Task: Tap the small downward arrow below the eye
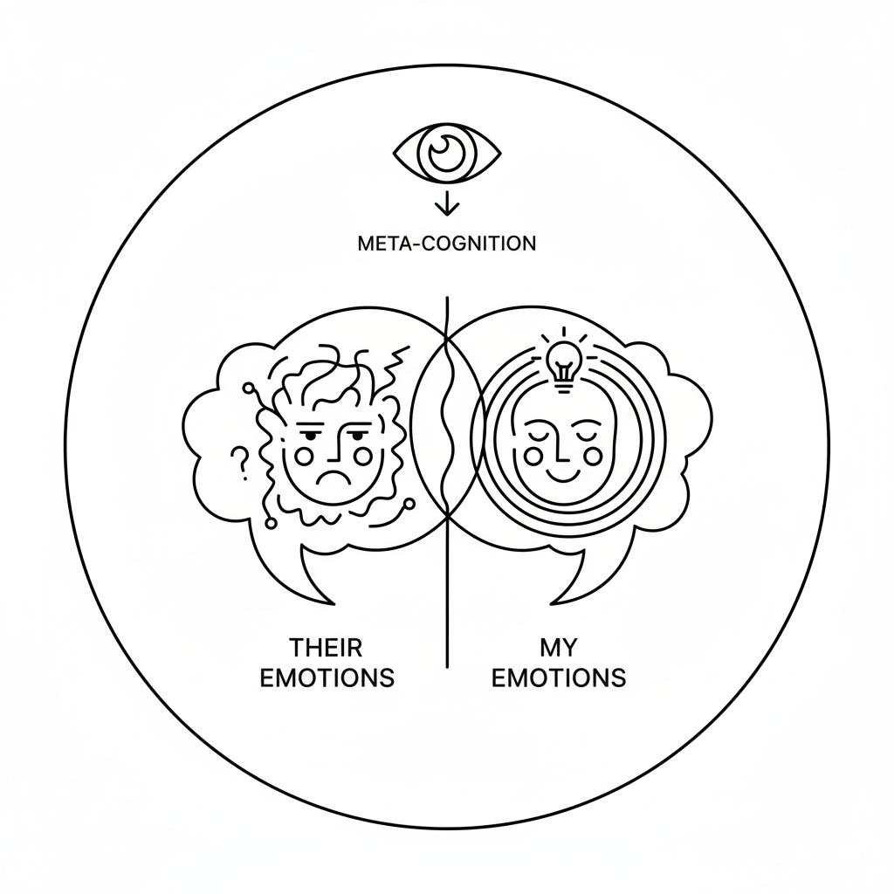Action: tap(447, 203)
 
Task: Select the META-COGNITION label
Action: tap(447, 244)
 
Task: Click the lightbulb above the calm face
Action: tap(563, 361)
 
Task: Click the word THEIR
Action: tap(326, 648)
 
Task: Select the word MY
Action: tap(559, 648)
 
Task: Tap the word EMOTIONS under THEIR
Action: tap(327, 677)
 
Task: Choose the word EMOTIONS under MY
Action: tap(559, 677)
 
